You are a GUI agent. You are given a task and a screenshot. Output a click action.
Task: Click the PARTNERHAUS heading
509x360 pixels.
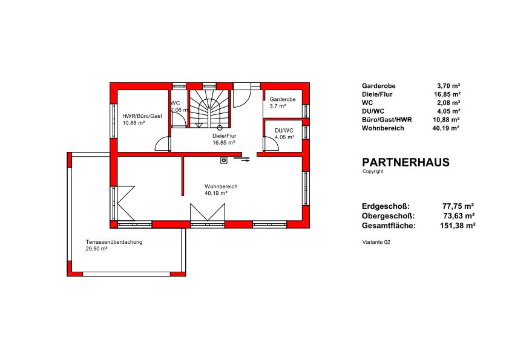click(406, 162)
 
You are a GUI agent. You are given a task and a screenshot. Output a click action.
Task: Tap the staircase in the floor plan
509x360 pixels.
click(209, 109)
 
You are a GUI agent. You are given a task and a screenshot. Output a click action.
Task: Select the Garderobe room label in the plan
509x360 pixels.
click(283, 99)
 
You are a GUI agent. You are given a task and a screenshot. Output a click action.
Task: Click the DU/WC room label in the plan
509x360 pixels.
click(284, 131)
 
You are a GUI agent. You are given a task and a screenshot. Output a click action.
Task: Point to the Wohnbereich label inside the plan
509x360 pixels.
click(221, 186)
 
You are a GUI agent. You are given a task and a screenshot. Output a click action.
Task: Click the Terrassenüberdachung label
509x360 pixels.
click(114, 242)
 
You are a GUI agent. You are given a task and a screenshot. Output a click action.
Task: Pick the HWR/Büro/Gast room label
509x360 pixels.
click(142, 116)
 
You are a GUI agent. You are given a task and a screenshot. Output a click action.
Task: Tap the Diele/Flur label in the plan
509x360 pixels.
click(224, 136)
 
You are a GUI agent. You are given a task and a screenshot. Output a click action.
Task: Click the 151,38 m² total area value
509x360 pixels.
click(458, 226)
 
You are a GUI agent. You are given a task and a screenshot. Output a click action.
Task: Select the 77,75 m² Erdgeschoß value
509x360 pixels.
click(458, 206)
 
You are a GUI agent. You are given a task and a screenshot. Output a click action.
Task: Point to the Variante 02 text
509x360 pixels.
click(376, 242)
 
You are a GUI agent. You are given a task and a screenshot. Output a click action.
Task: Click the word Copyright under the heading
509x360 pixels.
click(373, 171)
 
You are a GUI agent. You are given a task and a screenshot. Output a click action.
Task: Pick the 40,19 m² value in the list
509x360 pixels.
click(445, 128)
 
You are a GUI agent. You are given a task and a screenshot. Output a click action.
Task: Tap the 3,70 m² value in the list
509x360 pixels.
click(448, 86)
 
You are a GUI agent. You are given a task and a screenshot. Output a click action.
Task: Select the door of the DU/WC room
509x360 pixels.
click(272, 144)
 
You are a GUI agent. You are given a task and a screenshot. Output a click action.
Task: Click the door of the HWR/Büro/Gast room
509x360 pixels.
click(163, 144)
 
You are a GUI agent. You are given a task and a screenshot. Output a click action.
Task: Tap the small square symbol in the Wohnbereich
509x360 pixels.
click(224, 160)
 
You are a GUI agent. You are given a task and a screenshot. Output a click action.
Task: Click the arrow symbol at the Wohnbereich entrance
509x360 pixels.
click(242, 159)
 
